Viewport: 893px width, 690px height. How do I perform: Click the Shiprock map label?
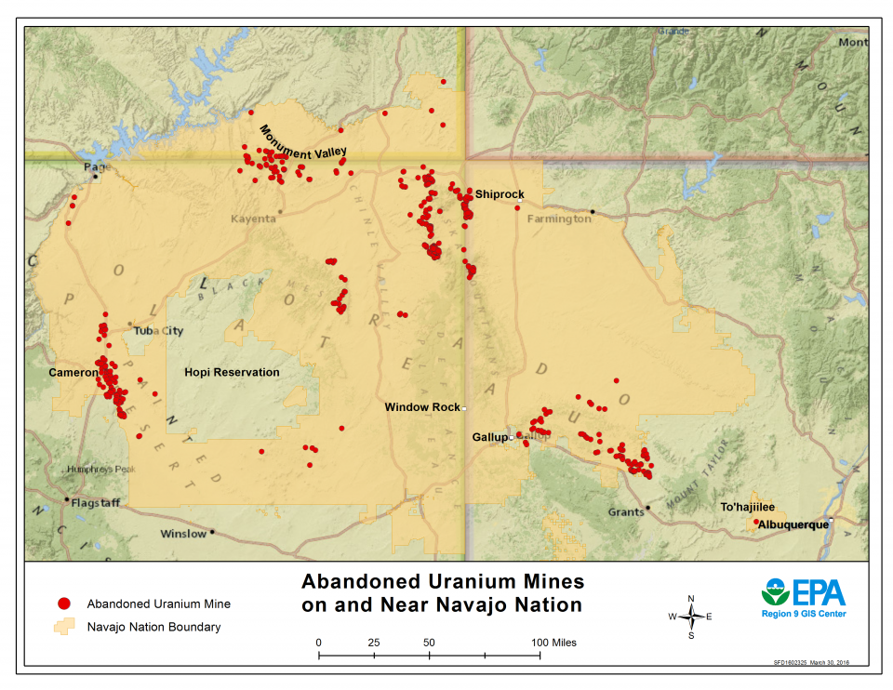click(x=500, y=194)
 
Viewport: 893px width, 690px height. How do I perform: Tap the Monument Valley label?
click(x=303, y=141)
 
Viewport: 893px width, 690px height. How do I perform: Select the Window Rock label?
click(x=422, y=407)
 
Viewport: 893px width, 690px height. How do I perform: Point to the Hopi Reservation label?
click(x=232, y=372)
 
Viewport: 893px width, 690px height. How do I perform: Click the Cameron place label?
click(x=73, y=372)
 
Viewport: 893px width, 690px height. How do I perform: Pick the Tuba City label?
click(x=159, y=331)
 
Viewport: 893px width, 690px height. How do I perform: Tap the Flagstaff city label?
click(x=99, y=502)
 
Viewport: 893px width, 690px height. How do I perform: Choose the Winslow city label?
click(x=183, y=534)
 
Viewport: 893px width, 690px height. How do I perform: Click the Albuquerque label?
click(x=793, y=525)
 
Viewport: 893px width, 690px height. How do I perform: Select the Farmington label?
click(x=559, y=219)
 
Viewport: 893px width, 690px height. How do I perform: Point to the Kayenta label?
click(x=253, y=219)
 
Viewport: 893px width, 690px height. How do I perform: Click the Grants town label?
click(x=626, y=512)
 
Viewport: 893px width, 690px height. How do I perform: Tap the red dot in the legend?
click(x=63, y=604)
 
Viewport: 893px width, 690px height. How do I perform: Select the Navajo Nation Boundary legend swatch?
click(x=65, y=627)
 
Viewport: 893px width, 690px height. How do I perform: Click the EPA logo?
click(x=803, y=592)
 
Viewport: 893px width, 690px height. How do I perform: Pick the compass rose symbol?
click(x=690, y=617)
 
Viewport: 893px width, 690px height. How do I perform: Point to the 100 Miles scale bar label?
click(x=553, y=643)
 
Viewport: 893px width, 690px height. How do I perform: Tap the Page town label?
click(x=97, y=167)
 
